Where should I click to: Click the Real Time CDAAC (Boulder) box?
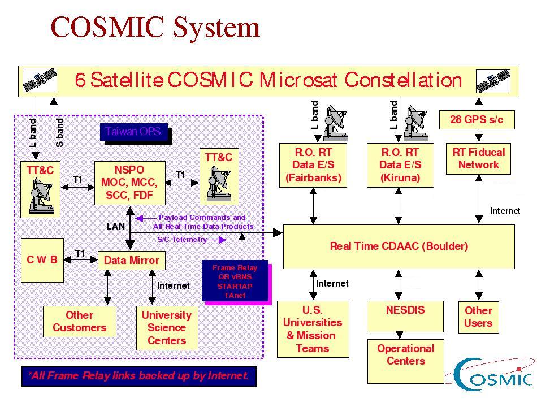(399, 246)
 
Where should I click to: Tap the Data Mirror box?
(132, 261)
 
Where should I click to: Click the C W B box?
(42, 260)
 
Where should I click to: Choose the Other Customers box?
(79, 321)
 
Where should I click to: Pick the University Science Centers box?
(167, 328)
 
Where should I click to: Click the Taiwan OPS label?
(133, 132)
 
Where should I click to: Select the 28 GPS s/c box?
(477, 120)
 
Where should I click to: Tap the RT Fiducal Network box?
(478, 158)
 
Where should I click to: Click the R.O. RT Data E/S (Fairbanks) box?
(313, 165)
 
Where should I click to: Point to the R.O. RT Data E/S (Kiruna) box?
(400, 165)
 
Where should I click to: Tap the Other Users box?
(478, 317)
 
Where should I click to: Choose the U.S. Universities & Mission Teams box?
(313, 329)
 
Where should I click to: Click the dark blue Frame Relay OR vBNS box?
(235, 281)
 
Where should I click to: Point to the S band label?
(60, 133)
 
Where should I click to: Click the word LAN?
(116, 226)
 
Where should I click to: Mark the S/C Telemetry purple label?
(182, 240)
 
